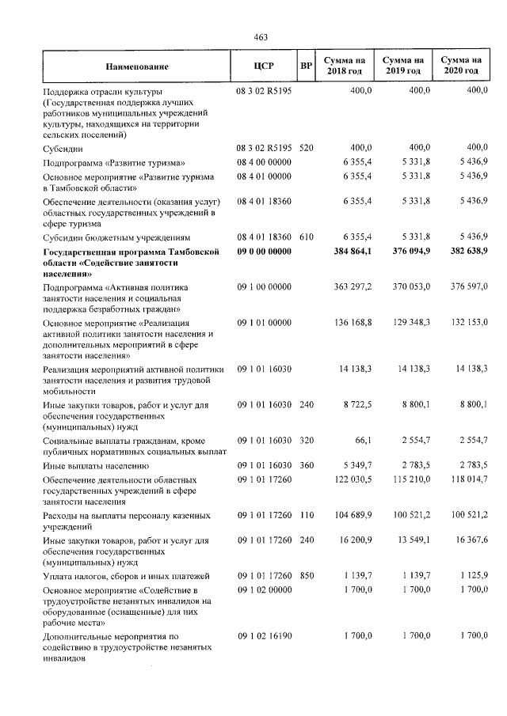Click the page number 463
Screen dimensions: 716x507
(x=261, y=37)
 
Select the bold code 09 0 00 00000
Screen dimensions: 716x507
(x=264, y=252)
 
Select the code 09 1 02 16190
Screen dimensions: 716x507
(x=264, y=635)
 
